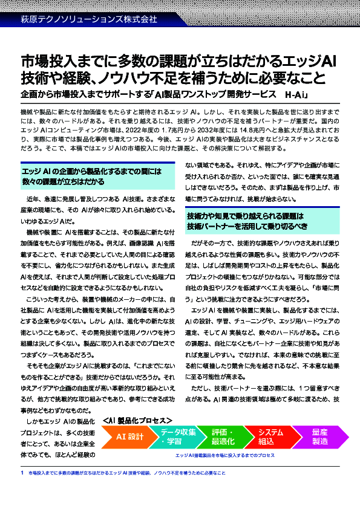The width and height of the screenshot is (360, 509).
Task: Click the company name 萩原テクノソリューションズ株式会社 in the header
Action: (89, 19)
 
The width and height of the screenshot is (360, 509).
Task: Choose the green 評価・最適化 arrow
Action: (222, 436)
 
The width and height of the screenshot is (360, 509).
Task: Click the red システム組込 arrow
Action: (267, 436)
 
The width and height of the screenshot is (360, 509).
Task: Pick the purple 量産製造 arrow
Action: (319, 436)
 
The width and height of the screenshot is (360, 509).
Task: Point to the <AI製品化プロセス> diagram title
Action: (138, 420)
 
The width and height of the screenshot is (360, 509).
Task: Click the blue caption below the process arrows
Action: (224, 455)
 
